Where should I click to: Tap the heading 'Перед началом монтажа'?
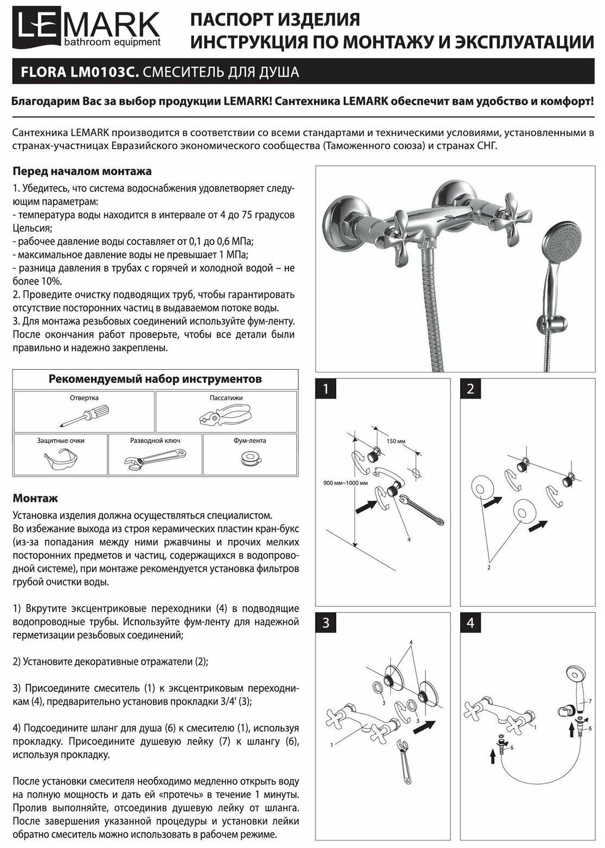click(x=82, y=171)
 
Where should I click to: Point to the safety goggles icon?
click(x=59, y=460)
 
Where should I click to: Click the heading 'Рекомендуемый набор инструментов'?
click(x=155, y=379)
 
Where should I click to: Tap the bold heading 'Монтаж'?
click(x=35, y=498)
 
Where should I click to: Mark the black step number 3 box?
click(x=325, y=623)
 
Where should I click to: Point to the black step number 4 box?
click(x=470, y=623)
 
